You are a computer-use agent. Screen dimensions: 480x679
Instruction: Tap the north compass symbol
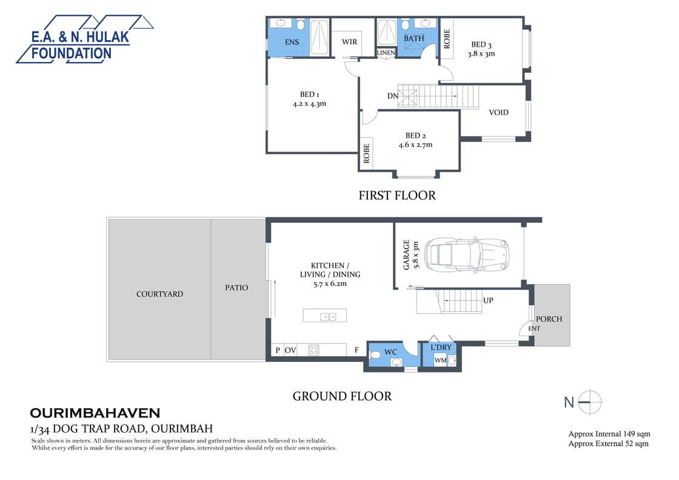coord(590,402)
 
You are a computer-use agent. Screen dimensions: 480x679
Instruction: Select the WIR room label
coord(349,42)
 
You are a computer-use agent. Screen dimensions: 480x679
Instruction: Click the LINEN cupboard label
coord(386,53)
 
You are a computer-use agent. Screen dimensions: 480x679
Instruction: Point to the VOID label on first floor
coord(498,112)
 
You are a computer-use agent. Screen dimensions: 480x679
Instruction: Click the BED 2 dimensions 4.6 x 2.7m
coord(415,145)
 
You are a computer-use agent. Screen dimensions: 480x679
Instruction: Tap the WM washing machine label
coord(440,360)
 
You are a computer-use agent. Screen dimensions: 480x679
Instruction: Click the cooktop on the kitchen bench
coord(314,350)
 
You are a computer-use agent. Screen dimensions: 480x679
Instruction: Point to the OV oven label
coord(290,350)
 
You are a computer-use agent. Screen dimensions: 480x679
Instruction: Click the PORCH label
coord(549,319)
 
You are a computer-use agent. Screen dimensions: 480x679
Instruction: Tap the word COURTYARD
coord(159,294)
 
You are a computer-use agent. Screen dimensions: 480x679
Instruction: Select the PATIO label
coord(236,288)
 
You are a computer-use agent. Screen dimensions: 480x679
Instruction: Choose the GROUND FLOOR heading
coord(342,396)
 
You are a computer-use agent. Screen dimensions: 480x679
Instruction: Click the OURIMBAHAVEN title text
coord(95,413)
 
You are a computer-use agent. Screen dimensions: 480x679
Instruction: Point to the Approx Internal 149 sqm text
coord(609,434)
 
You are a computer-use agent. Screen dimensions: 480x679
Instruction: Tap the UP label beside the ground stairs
coord(488,300)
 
